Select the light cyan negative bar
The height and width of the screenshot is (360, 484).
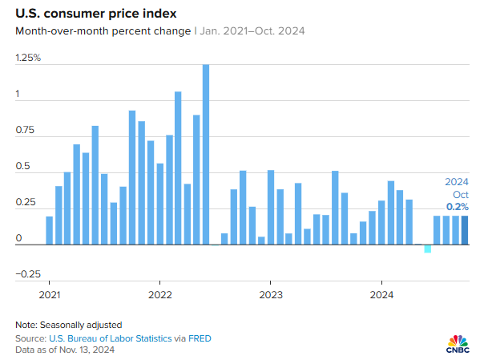pyautogui.click(x=428, y=249)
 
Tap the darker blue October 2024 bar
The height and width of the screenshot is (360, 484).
pyautogui.click(x=465, y=230)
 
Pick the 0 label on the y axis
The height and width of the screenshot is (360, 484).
pyautogui.click(x=18, y=237)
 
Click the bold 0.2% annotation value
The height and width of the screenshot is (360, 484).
pyautogui.click(x=458, y=207)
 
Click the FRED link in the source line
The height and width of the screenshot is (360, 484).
pyautogui.click(x=200, y=338)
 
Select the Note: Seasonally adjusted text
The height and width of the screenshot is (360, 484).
pyautogui.click(x=68, y=325)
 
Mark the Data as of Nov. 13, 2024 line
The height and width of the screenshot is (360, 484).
pyautogui.click(x=65, y=350)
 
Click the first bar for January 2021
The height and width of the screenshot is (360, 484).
pyautogui.click(x=50, y=230)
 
